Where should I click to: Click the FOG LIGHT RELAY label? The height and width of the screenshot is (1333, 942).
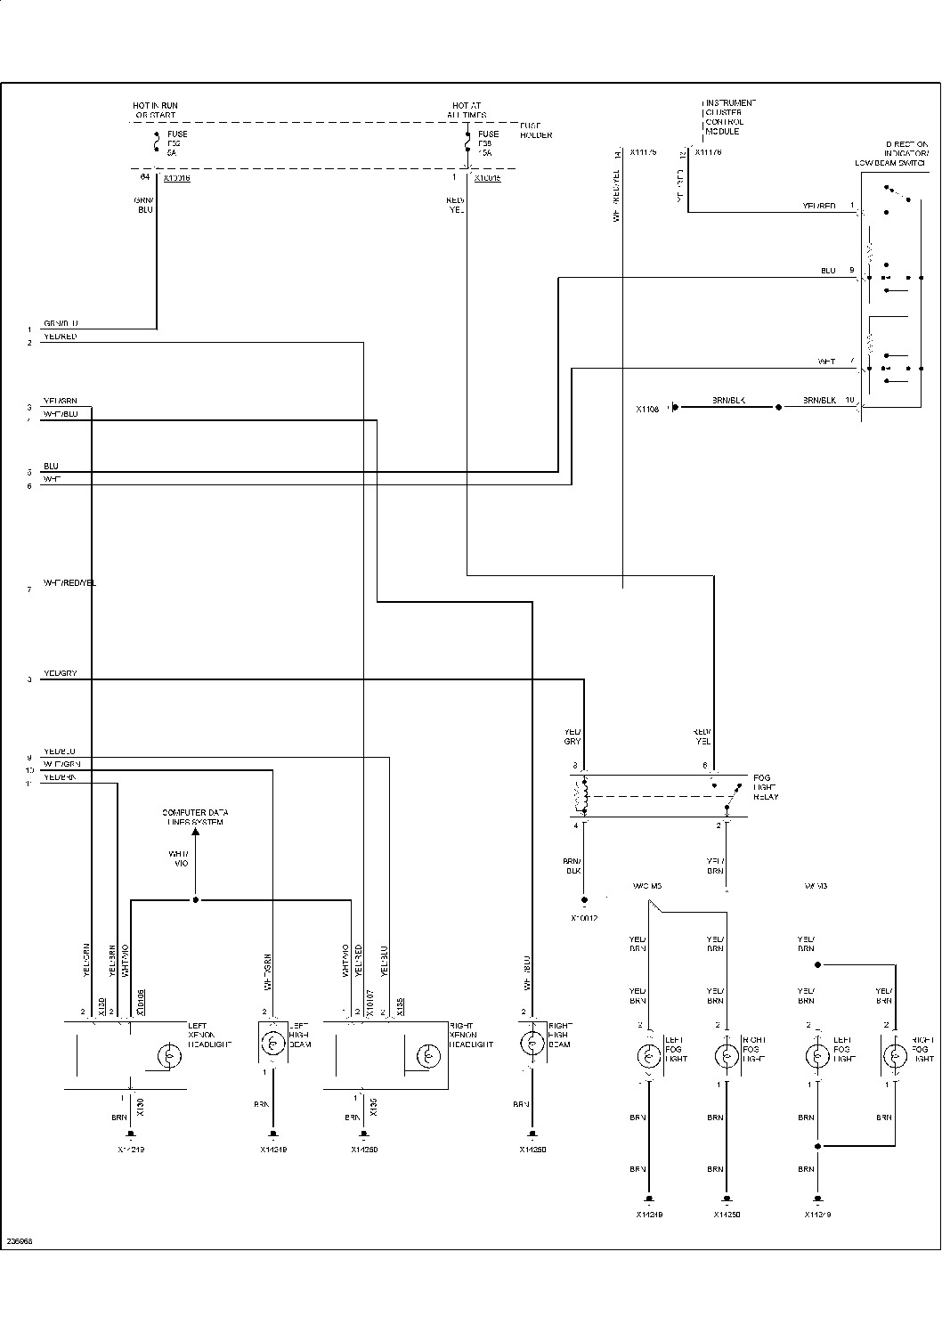pyautogui.click(x=765, y=787)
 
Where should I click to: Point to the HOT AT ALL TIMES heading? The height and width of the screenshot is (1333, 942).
pyautogui.click(x=467, y=110)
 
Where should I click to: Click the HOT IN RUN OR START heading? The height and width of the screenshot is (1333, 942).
pyautogui.click(x=156, y=110)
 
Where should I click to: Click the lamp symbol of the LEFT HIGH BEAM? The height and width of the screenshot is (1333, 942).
pyautogui.click(x=272, y=1041)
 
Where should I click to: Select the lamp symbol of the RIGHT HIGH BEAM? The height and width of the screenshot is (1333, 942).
pyautogui.click(x=532, y=1041)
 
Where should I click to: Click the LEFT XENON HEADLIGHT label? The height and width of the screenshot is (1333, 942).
pyautogui.click(x=210, y=1035)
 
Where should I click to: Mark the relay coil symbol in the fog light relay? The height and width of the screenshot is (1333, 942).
pyautogui.click(x=585, y=796)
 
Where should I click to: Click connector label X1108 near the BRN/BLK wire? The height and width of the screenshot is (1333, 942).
pyautogui.click(x=647, y=410)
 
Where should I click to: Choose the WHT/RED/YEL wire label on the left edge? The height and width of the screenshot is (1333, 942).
pyautogui.click(x=69, y=583)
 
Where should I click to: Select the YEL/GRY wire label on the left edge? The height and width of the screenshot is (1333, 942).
pyautogui.click(x=61, y=673)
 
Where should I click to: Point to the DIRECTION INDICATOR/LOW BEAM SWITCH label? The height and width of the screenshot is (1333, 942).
pyautogui.click(x=890, y=153)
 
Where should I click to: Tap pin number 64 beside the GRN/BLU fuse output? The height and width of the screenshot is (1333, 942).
pyautogui.click(x=147, y=178)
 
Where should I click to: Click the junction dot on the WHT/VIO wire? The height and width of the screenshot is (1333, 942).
pyautogui.click(x=196, y=900)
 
